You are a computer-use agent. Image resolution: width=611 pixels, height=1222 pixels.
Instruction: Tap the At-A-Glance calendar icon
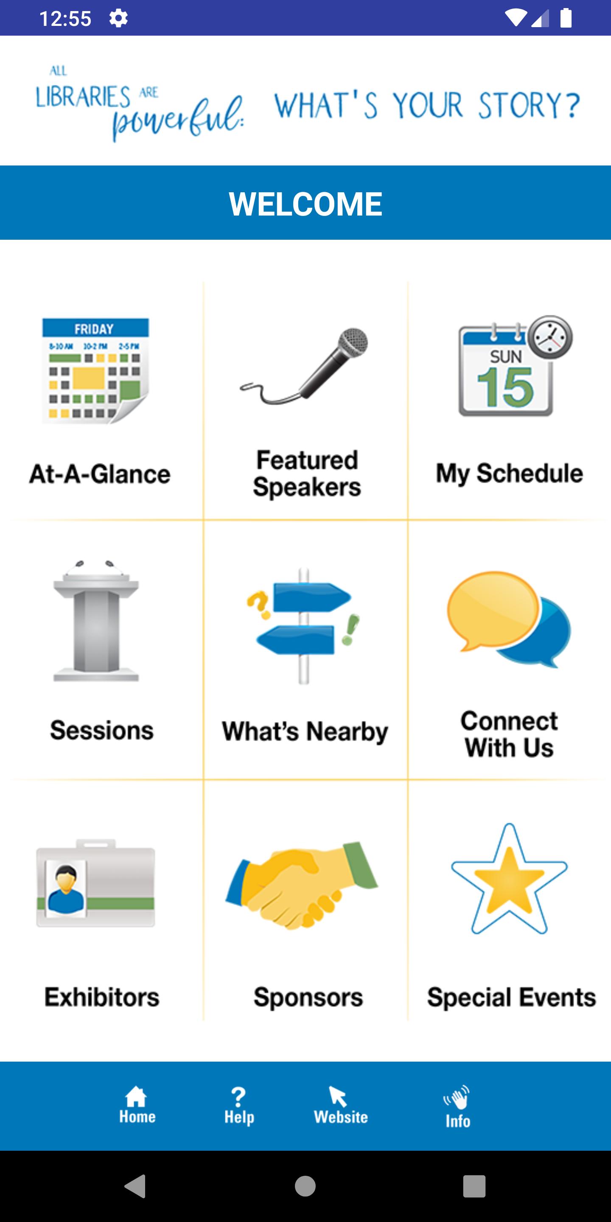tap(96, 370)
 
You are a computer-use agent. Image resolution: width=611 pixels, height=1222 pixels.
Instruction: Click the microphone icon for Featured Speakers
tap(304, 366)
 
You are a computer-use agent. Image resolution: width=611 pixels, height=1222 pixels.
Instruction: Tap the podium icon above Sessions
tap(96, 621)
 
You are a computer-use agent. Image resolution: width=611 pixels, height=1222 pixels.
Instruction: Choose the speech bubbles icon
tap(509, 619)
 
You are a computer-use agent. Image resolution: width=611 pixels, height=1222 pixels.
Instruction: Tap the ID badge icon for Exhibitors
tap(96, 883)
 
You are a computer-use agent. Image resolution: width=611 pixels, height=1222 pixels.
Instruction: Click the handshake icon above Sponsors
tap(302, 885)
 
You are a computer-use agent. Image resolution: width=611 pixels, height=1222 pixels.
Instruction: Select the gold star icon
tap(509, 879)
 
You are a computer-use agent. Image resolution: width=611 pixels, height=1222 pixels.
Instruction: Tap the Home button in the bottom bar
tap(137, 1105)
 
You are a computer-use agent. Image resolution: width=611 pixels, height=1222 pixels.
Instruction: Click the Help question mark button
tap(239, 1106)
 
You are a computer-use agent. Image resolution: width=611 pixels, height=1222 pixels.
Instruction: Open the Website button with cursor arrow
tap(341, 1105)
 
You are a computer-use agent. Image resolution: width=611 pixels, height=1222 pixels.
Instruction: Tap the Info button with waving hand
tap(457, 1107)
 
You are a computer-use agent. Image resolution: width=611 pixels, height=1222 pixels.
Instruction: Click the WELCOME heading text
tap(305, 204)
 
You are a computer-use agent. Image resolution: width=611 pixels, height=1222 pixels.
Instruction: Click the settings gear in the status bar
tap(118, 19)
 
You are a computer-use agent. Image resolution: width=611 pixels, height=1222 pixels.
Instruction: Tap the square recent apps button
tap(474, 1186)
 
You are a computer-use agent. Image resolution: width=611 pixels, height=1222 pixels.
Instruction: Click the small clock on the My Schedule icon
tap(550, 337)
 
